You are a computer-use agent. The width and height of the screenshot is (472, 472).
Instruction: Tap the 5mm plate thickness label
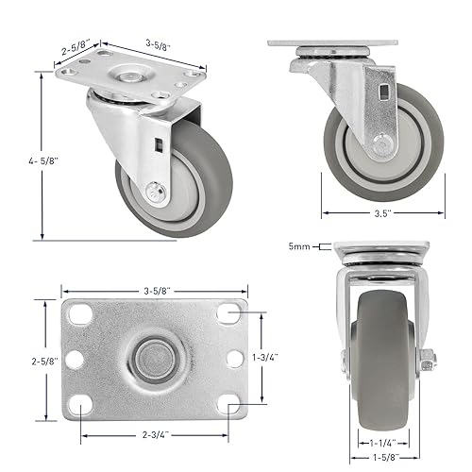tap(300, 247)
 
